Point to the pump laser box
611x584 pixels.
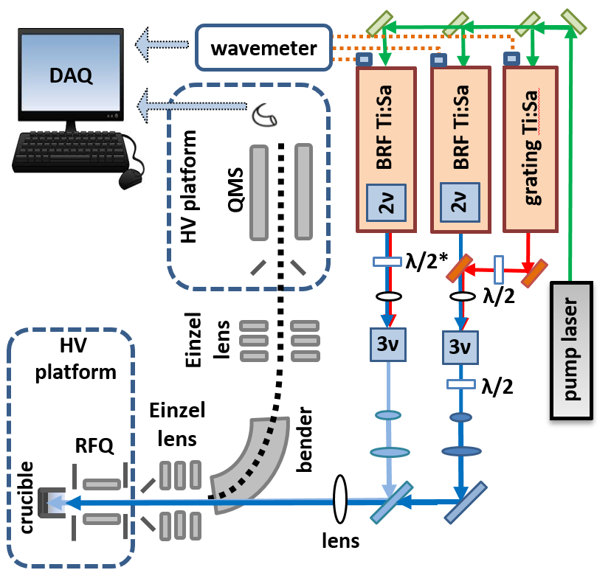(572, 350)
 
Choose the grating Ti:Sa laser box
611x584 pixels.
(530, 147)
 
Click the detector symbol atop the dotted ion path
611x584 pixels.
(265, 114)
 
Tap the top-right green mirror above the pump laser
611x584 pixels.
(573, 20)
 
